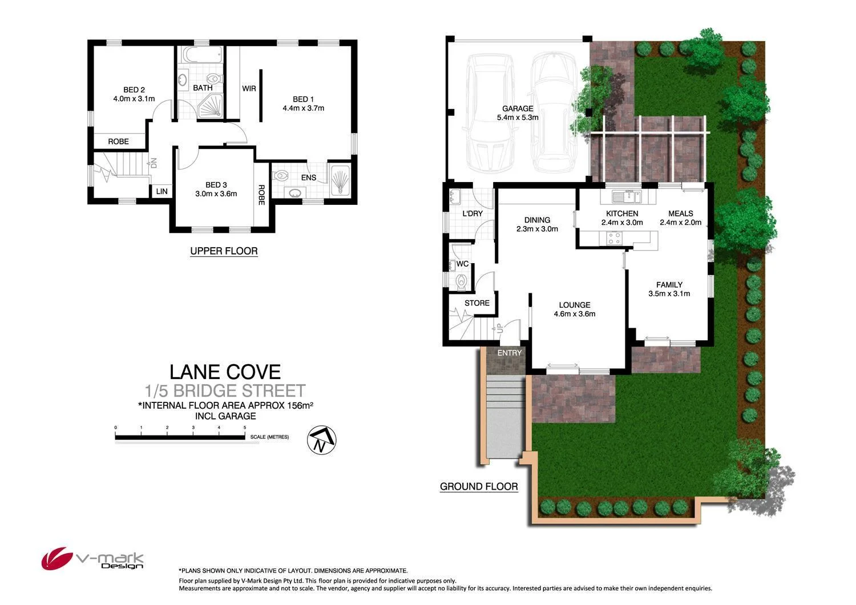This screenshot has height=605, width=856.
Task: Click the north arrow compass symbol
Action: (x=322, y=440)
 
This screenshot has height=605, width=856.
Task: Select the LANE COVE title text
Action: (x=225, y=372)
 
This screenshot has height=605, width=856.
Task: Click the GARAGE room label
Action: (x=518, y=108)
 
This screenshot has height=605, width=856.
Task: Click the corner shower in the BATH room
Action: (x=211, y=107)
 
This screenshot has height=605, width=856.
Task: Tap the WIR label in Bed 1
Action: (x=249, y=88)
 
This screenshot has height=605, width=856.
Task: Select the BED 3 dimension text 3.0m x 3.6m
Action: (x=216, y=193)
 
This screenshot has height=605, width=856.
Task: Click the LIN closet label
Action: (x=162, y=191)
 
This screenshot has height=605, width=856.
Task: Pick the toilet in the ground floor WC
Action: (x=462, y=281)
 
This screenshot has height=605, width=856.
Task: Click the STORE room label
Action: (x=477, y=303)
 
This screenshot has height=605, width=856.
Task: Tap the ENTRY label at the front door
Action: (x=510, y=353)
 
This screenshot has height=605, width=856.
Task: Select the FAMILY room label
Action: (x=669, y=284)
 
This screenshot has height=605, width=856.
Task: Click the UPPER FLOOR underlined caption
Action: (x=224, y=251)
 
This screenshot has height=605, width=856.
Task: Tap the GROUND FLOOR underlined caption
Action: (x=479, y=486)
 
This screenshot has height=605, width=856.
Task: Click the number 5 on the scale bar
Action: (x=245, y=427)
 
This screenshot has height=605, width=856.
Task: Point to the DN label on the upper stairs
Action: (x=153, y=163)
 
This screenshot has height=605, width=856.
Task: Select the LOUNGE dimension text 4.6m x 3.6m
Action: (x=574, y=313)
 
